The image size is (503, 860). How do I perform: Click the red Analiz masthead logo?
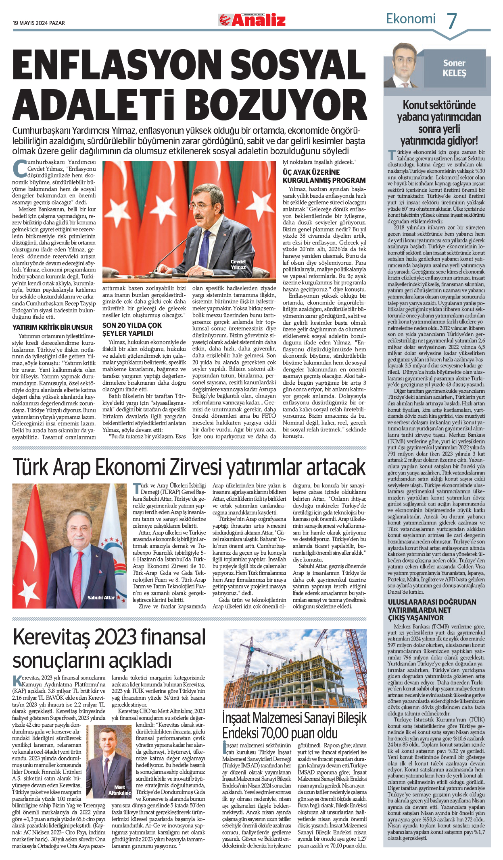[x=252, y=20]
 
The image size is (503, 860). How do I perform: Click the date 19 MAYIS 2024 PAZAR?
[x=39, y=23]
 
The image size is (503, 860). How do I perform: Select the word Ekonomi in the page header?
[x=411, y=19]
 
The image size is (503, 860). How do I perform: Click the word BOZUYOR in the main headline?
[x=278, y=106]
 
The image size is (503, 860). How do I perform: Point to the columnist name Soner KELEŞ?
[x=454, y=68]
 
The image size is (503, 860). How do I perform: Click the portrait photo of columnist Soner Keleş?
[x=403, y=66]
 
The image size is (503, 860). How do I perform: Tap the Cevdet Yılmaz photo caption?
[x=238, y=264]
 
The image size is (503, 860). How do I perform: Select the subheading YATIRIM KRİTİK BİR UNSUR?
[x=52, y=327]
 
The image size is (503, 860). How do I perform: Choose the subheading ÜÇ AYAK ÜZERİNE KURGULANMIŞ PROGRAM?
[x=324, y=176]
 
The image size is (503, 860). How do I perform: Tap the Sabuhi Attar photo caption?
[x=101, y=597]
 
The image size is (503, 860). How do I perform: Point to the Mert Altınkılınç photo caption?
[x=120, y=790]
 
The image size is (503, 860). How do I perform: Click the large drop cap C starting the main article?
[x=19, y=168]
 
